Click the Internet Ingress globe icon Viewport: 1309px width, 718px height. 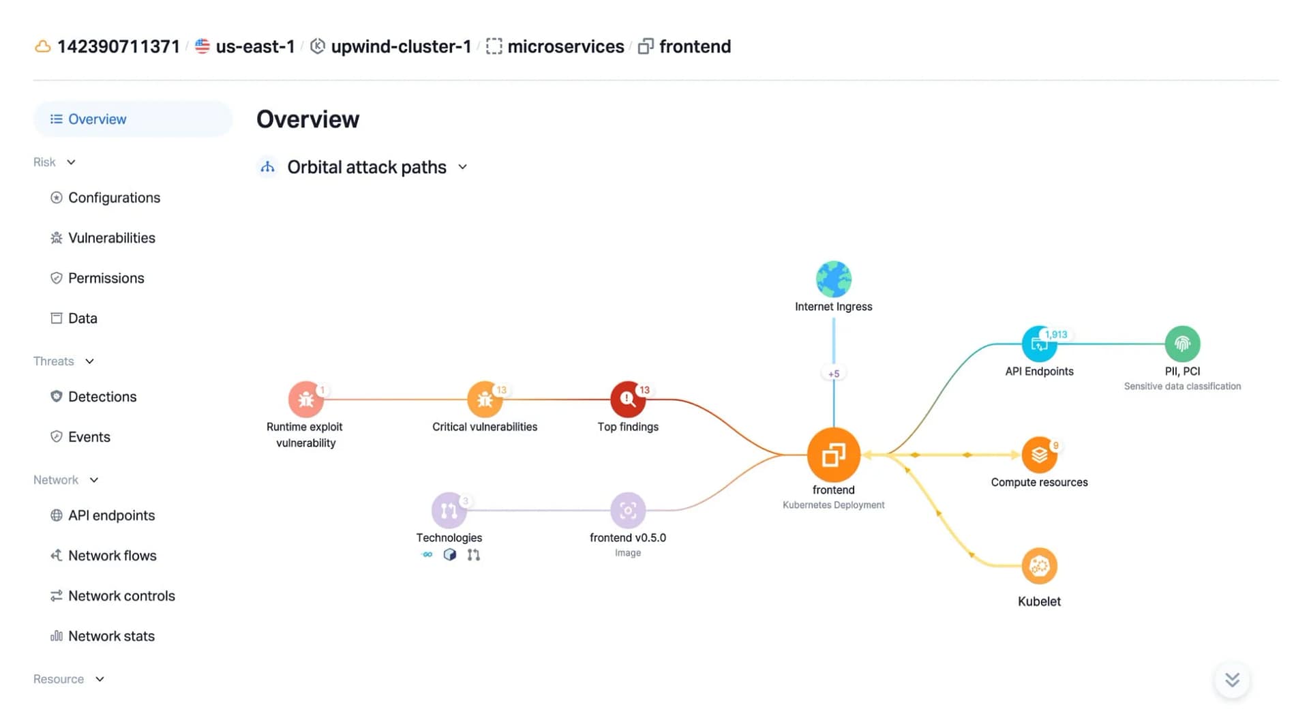(x=833, y=279)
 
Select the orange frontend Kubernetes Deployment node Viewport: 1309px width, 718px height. (x=833, y=454)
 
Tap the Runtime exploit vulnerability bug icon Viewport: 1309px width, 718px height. (x=305, y=399)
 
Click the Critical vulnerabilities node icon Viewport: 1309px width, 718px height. (x=485, y=399)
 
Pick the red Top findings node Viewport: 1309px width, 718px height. (x=628, y=399)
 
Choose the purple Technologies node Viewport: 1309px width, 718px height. (x=449, y=510)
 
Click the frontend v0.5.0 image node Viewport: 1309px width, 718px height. (x=628, y=510)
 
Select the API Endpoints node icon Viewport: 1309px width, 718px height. (x=1039, y=344)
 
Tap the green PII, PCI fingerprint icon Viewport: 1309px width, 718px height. (x=1182, y=344)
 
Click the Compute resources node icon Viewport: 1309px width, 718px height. (x=1039, y=454)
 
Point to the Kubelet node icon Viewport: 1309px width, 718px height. (x=1039, y=565)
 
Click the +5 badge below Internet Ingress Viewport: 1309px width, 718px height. (x=833, y=374)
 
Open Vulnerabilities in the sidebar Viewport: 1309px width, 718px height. (x=112, y=238)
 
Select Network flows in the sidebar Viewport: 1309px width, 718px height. (x=112, y=556)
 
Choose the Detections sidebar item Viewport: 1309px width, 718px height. (x=102, y=397)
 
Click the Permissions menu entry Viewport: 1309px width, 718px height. (x=106, y=278)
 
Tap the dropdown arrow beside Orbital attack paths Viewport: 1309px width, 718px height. (x=462, y=167)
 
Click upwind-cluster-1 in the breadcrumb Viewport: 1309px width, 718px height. (x=401, y=46)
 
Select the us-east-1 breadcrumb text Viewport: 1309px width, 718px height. (x=255, y=46)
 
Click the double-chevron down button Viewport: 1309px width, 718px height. (x=1232, y=680)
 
